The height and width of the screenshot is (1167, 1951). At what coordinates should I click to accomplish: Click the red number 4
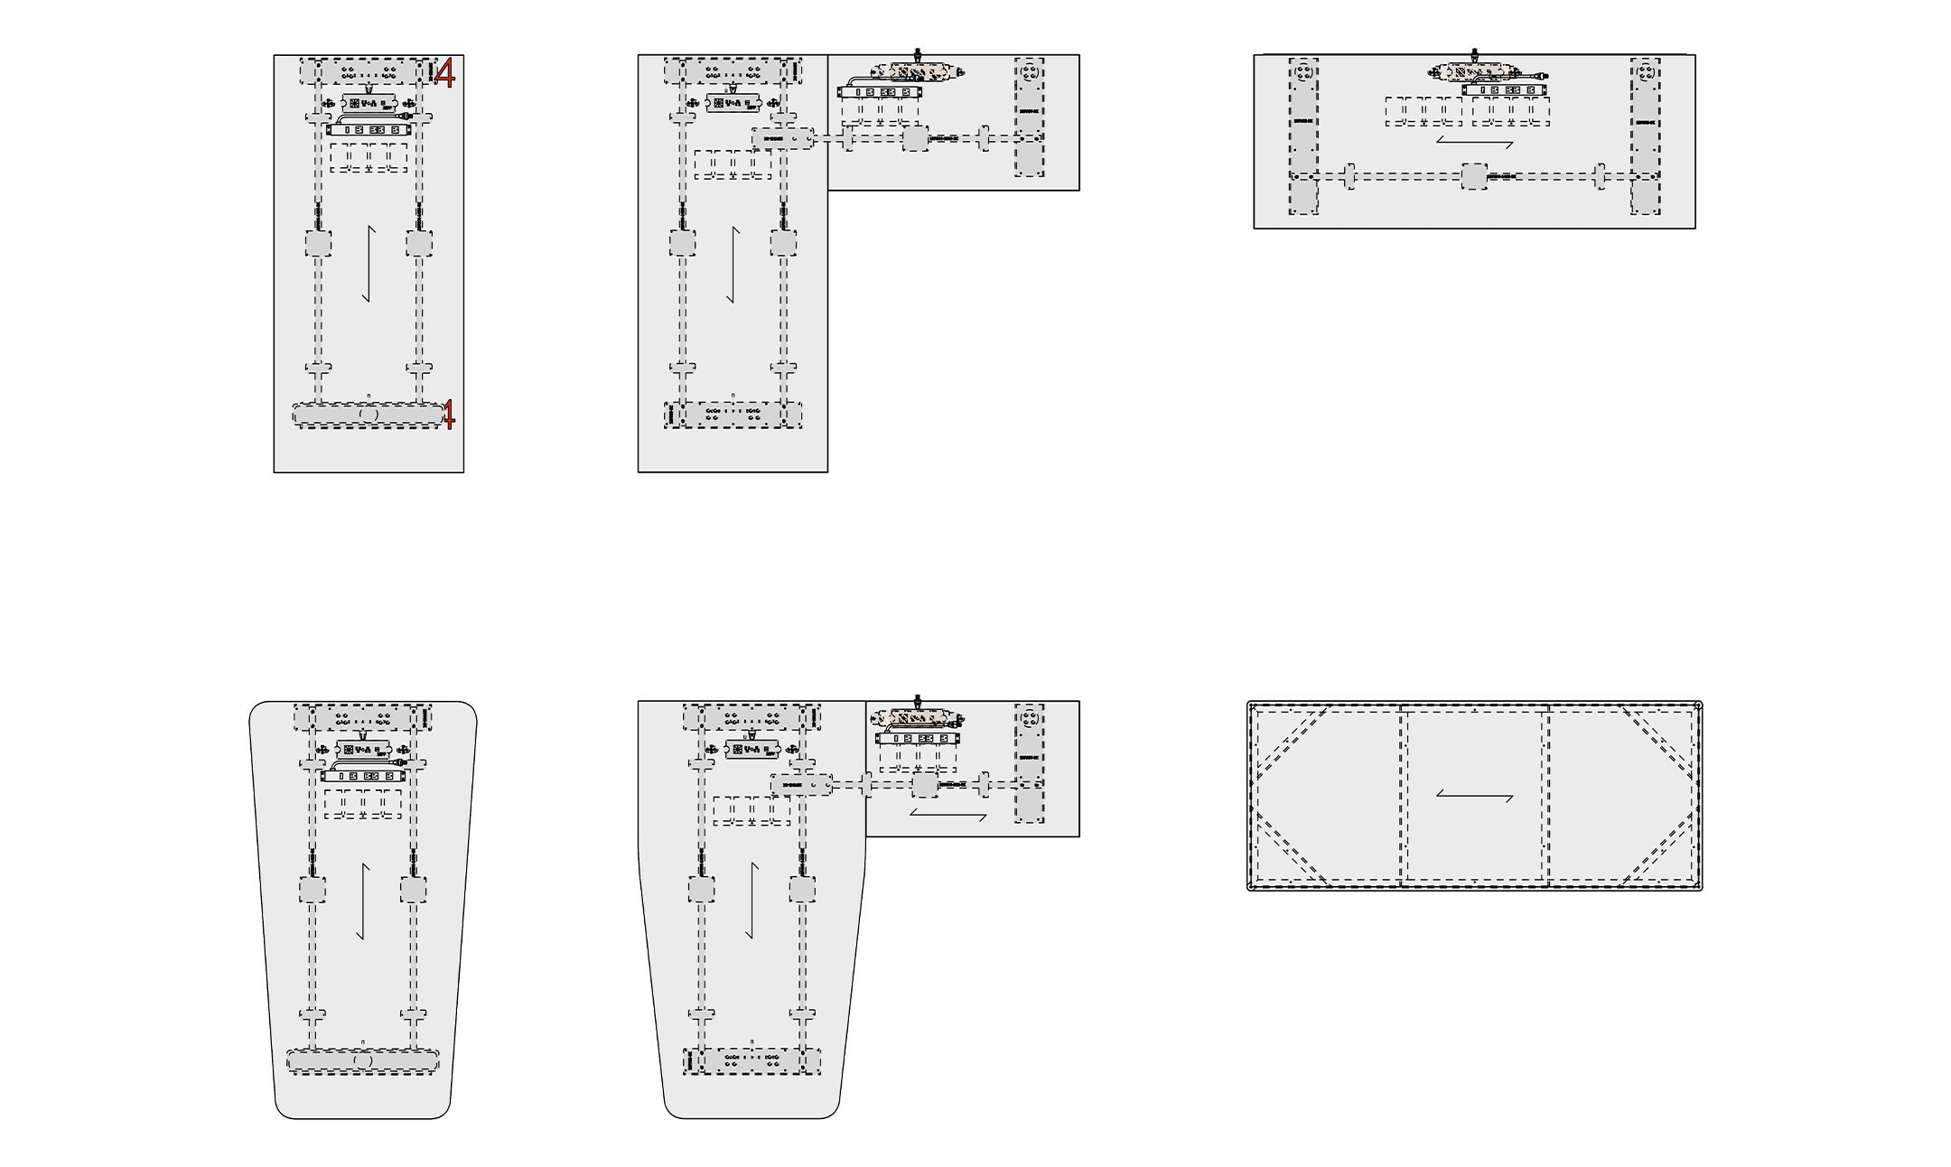444,73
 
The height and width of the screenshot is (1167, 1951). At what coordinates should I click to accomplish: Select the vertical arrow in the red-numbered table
369,264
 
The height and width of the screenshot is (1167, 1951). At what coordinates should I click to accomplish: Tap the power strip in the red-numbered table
369,130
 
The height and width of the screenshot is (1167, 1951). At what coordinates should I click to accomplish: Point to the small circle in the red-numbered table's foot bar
369,414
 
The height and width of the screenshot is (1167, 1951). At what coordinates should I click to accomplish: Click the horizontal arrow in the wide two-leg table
1474,143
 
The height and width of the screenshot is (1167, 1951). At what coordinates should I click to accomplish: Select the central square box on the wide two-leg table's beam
1474,176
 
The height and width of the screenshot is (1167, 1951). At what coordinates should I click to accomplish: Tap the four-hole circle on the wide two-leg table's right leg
1645,70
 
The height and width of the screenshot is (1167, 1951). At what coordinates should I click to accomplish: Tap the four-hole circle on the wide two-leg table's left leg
1302,70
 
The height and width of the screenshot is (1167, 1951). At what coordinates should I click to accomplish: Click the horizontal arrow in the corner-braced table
1474,796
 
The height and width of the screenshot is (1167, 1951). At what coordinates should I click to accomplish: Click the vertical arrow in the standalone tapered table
363,901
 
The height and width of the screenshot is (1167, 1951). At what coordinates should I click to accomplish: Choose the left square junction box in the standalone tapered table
313,890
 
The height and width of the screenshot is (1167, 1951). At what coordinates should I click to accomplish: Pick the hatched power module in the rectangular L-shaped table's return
917,70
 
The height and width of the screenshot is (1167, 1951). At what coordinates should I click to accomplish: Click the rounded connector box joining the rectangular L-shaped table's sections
782,138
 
